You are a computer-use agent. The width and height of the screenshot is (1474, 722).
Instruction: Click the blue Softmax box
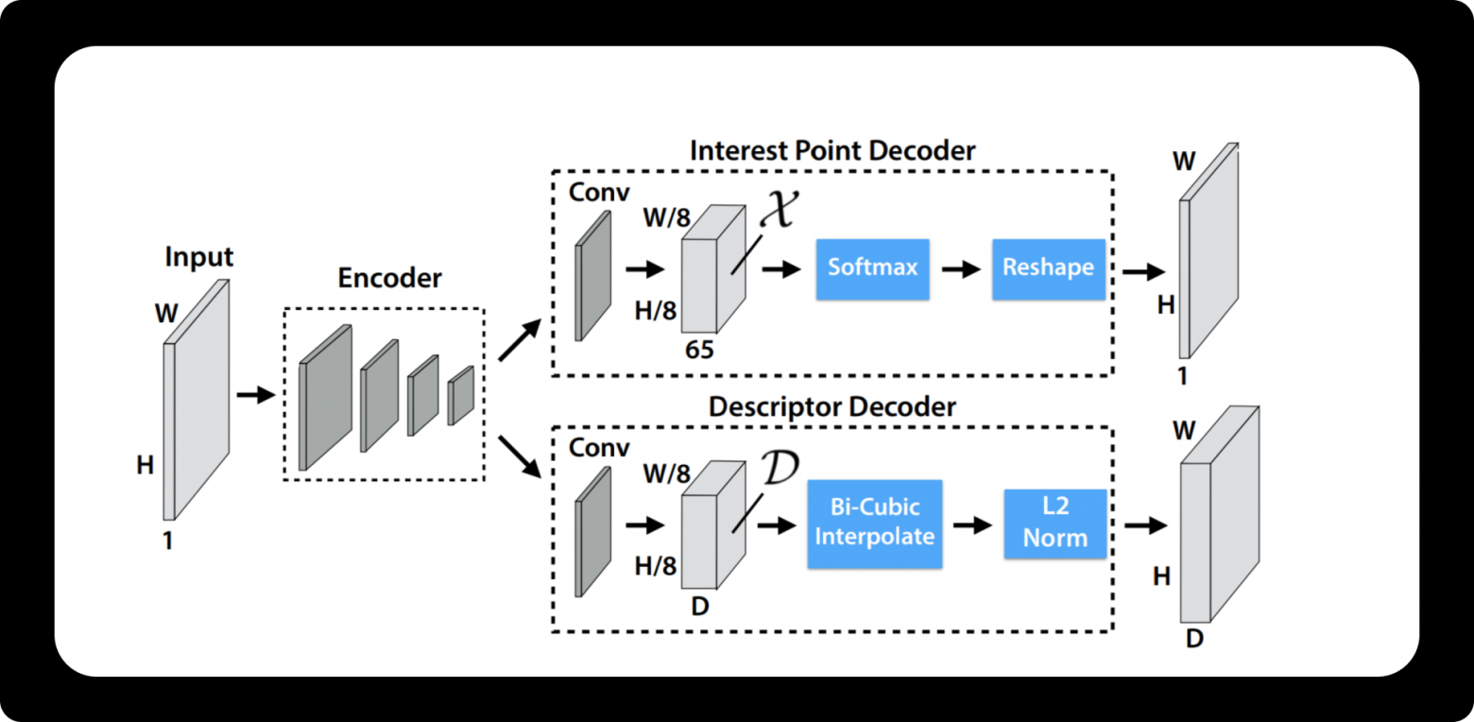872,267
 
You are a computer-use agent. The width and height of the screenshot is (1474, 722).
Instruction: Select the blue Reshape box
1048,268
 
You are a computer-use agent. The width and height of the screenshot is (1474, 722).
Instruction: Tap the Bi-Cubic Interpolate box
874,523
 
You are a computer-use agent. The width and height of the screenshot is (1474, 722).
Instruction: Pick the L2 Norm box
1054,523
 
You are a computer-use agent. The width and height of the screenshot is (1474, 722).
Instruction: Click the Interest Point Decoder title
831,150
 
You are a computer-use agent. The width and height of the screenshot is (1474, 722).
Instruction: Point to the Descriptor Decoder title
831,407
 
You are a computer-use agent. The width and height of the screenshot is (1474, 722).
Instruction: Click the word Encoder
389,278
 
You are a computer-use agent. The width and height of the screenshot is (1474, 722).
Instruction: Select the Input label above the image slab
198,257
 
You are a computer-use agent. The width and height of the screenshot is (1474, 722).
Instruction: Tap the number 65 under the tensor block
700,351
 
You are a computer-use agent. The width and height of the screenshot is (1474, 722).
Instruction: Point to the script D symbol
780,467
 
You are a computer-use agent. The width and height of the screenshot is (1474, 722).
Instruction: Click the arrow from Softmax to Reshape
960,269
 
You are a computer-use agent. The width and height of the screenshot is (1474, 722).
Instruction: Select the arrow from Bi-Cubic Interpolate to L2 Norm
972,524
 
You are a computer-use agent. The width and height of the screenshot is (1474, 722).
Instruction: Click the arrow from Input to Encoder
254,394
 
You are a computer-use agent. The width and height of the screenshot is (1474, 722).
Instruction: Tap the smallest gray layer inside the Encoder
461,395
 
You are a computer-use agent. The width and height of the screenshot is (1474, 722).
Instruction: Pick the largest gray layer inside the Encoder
324,397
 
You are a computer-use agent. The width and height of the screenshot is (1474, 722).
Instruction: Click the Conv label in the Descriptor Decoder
599,448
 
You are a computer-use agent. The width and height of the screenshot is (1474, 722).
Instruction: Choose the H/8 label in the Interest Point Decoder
656,311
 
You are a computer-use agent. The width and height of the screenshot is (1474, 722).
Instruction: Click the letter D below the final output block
1194,640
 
